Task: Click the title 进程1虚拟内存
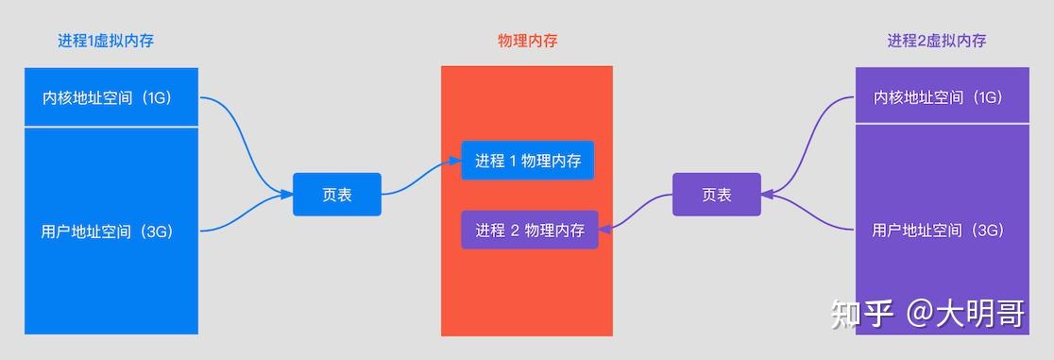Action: [106, 41]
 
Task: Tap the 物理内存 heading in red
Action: [527, 41]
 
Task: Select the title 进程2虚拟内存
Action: [937, 41]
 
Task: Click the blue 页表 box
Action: [337, 195]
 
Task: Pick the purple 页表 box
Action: [717, 195]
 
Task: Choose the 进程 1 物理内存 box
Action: [528, 161]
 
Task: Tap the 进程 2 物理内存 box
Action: [530, 230]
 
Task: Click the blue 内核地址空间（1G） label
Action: [107, 97]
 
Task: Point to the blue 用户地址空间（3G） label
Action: [107, 231]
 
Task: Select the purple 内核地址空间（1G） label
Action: [937, 97]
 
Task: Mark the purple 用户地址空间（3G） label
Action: [937, 231]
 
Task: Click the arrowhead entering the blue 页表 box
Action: [287, 195]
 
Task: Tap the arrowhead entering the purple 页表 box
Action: [766, 195]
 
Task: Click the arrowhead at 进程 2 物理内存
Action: [604, 228]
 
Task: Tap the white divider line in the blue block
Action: [111, 126]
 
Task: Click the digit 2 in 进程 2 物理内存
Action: [515, 230]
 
